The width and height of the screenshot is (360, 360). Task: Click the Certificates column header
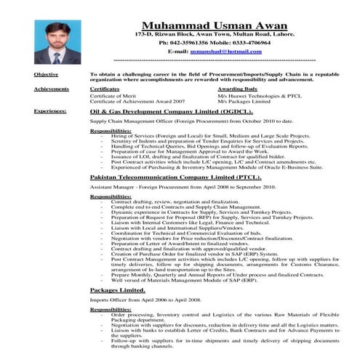[x=105, y=89]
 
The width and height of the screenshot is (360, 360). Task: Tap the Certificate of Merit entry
[x=113, y=95]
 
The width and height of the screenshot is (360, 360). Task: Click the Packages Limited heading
[x=119, y=289]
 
